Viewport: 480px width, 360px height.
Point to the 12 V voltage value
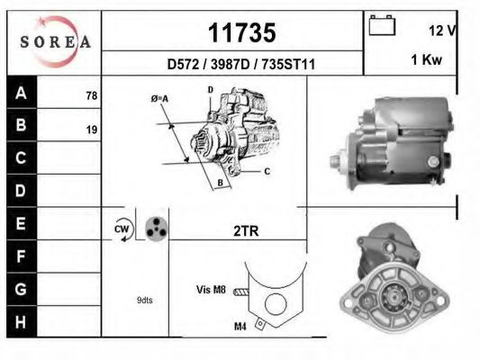pos(442,30)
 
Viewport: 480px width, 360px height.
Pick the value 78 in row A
pos(91,95)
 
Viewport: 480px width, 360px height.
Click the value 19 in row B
pos(91,130)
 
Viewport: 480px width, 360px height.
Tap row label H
pos(21,320)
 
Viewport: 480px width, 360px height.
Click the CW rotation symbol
pos(122,229)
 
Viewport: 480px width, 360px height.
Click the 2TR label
pos(246,230)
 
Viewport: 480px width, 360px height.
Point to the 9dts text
pos(144,300)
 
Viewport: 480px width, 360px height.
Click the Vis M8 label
pos(210,291)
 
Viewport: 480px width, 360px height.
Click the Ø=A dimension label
pos(160,98)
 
